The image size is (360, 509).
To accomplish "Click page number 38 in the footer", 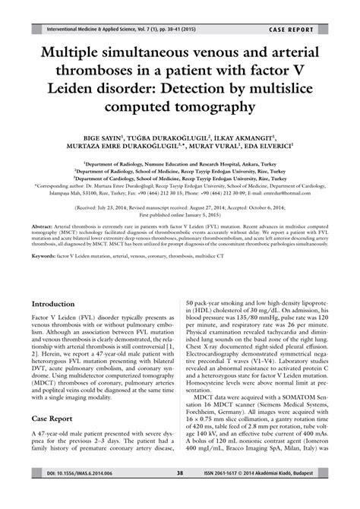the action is point(179,494).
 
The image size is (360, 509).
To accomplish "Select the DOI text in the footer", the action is point(68,494).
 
